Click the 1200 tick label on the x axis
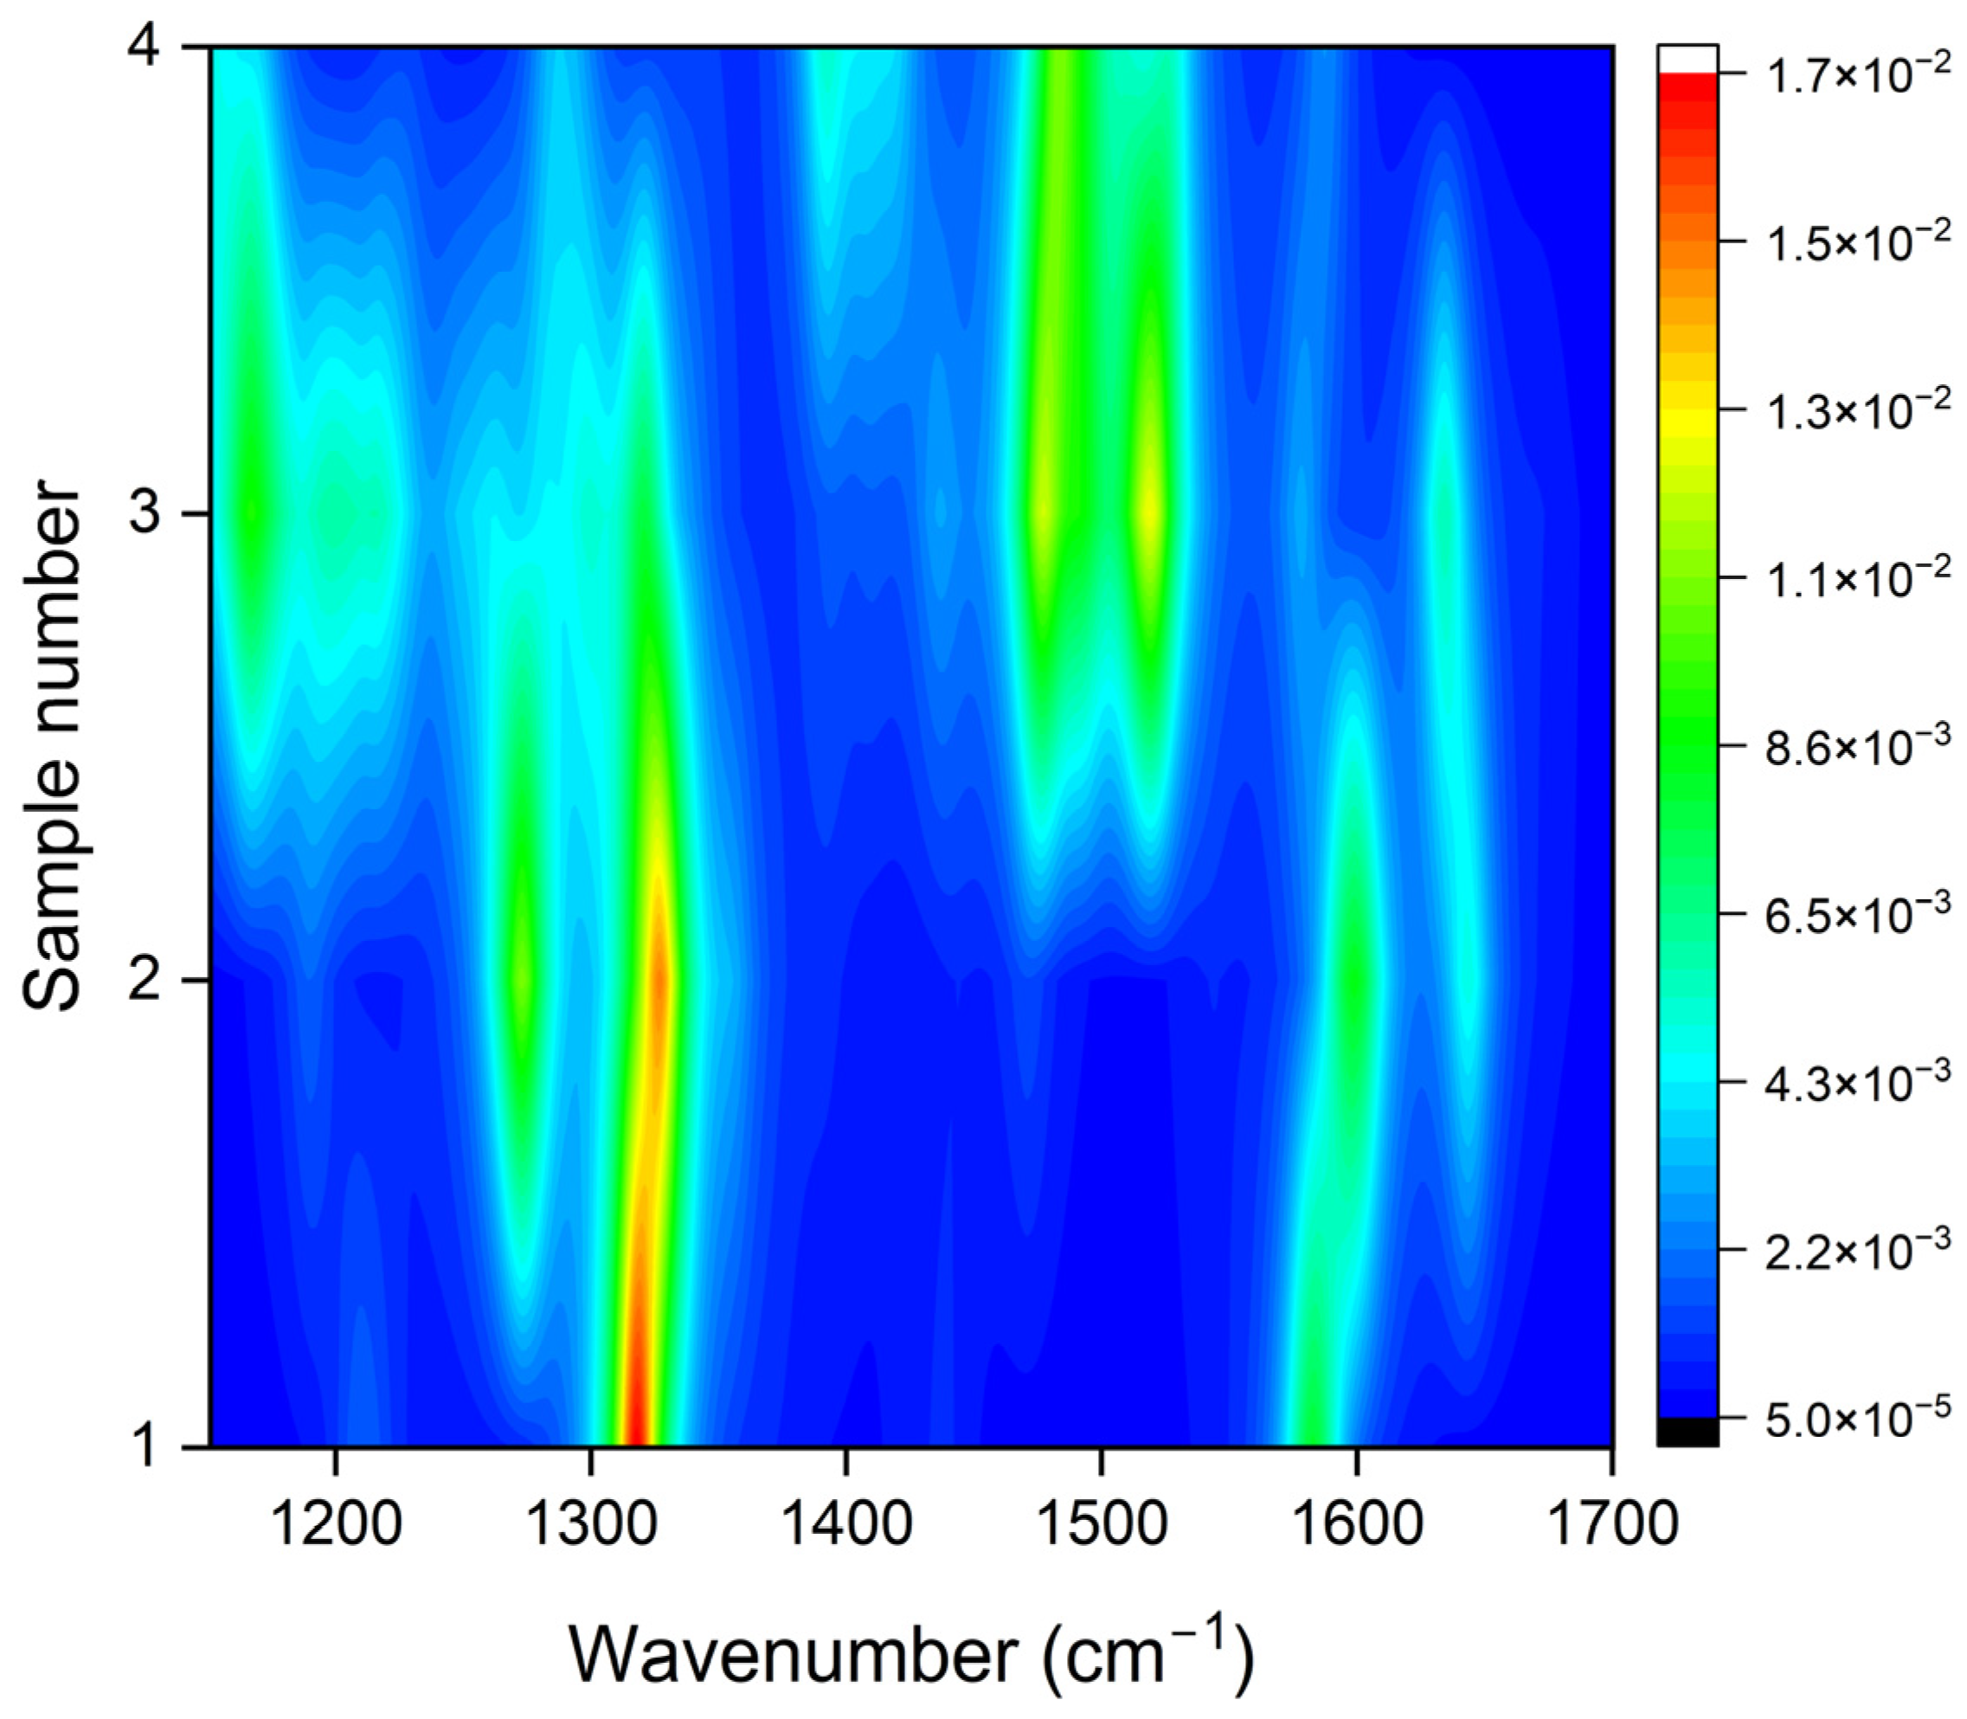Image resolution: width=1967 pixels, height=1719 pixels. tap(335, 1523)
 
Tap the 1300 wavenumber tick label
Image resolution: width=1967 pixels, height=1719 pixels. tap(590, 1523)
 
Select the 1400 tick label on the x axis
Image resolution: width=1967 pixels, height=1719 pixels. tap(845, 1523)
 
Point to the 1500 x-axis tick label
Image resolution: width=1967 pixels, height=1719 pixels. tap(1101, 1523)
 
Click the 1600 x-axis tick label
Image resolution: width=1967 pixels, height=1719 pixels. tap(1356, 1523)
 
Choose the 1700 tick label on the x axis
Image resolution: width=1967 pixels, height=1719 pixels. tap(1611, 1523)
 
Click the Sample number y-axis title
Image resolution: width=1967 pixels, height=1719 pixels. tap(53, 746)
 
